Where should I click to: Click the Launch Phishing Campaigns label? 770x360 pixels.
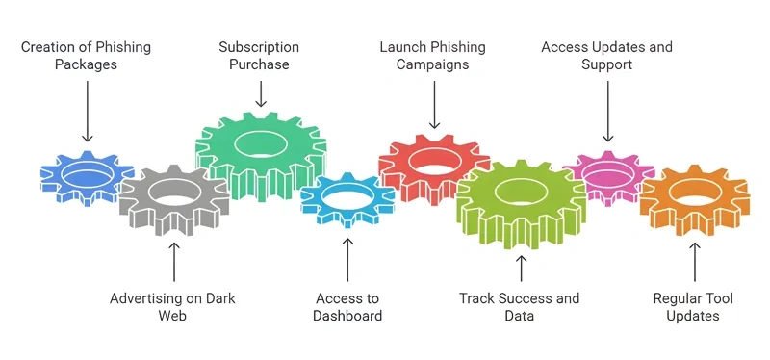[x=433, y=56]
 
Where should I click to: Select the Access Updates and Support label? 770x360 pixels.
[x=606, y=56]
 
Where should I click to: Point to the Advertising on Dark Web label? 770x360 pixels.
[x=173, y=307]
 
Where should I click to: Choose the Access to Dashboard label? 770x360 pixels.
[x=348, y=307]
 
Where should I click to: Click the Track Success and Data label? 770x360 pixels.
[x=520, y=307]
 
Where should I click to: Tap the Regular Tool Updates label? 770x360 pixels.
[x=693, y=307]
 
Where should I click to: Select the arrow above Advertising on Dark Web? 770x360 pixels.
[x=174, y=260]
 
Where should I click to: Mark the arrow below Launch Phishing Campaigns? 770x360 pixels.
[x=434, y=106]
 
